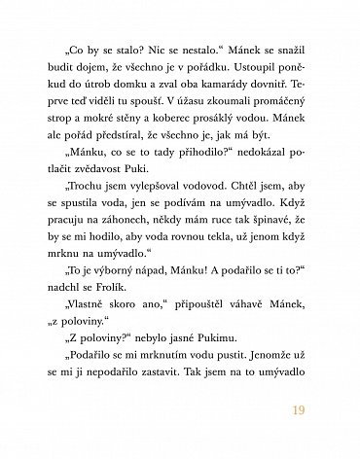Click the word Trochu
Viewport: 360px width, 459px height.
click(x=81, y=198)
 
